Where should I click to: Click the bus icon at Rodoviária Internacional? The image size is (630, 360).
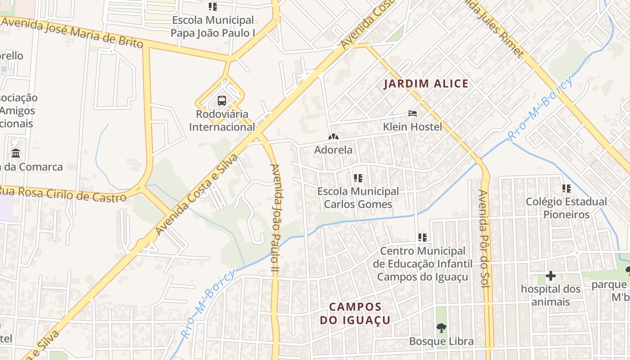point(222,100)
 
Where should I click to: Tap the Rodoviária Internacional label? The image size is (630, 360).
point(222,121)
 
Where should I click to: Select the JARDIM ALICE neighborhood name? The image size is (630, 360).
point(426,84)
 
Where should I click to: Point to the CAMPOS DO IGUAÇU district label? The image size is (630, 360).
point(355,314)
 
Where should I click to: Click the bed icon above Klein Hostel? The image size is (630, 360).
point(413,113)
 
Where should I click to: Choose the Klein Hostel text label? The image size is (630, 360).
point(413,127)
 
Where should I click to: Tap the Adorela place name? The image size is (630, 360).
point(333,150)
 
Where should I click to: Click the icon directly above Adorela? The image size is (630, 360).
point(333,137)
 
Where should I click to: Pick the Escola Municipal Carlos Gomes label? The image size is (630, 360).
point(358,198)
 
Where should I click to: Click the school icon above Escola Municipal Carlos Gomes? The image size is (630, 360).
point(358,178)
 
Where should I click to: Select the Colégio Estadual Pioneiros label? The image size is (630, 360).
point(566,208)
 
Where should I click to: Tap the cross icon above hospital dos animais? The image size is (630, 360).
point(550,276)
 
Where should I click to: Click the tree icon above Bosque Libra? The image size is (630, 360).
point(441,328)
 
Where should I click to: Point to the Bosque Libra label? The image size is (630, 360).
point(441,342)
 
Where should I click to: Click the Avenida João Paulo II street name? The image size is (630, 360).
point(275,218)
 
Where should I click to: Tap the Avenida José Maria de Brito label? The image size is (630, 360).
point(72,32)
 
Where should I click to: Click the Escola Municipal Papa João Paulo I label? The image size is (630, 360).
point(213,27)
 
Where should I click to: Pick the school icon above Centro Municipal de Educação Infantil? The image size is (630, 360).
point(422,237)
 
